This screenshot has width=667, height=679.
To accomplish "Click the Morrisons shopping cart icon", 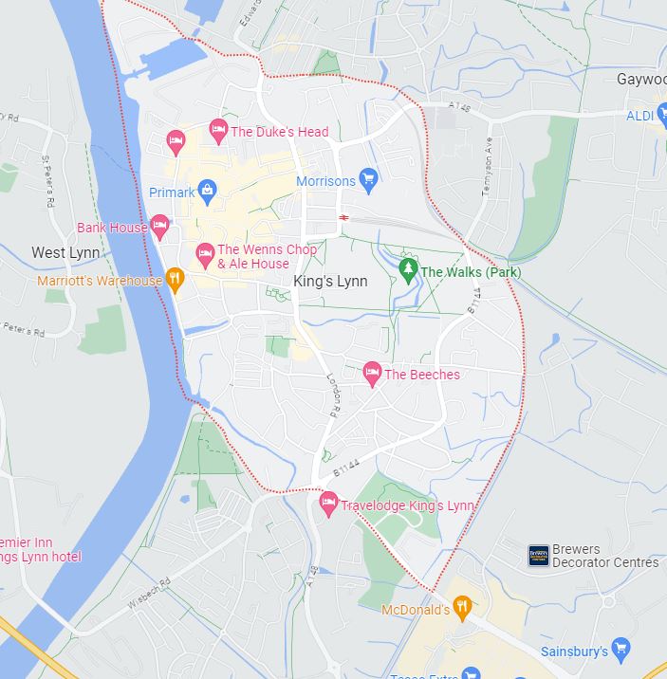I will (x=369, y=178).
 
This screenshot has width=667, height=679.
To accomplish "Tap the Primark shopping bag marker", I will (x=208, y=192).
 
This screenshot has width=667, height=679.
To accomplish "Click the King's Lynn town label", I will (x=330, y=282).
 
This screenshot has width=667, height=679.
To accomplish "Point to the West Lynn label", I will (x=65, y=252).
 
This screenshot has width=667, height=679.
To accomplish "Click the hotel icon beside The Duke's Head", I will (x=218, y=130).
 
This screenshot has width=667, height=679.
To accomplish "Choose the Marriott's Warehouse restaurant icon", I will (x=174, y=279).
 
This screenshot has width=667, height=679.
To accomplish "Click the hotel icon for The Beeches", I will (x=372, y=372).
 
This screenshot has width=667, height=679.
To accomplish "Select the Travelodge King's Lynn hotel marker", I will (x=328, y=504).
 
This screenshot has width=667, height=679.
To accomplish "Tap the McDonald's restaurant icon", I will (x=462, y=608).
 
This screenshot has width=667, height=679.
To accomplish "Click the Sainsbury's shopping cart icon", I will (x=621, y=650).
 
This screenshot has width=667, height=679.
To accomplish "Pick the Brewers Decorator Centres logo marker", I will (x=539, y=556).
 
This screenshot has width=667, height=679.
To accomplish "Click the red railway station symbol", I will (x=343, y=218).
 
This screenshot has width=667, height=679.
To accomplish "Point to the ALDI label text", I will (x=640, y=116).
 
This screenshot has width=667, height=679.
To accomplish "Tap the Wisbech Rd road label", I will (x=151, y=594).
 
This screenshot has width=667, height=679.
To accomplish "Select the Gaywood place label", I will (x=641, y=80).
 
